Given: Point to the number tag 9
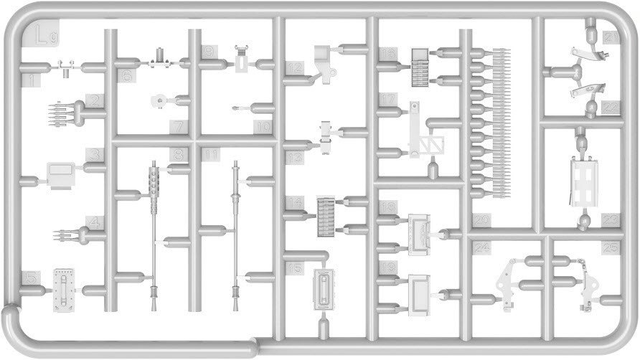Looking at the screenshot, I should (x=208, y=52).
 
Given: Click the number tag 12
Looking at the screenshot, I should (x=293, y=69).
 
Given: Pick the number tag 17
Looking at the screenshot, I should (x=388, y=100).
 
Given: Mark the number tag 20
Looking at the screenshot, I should (x=480, y=220).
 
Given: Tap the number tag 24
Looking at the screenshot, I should (x=482, y=248).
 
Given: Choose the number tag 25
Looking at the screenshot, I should (x=611, y=248).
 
